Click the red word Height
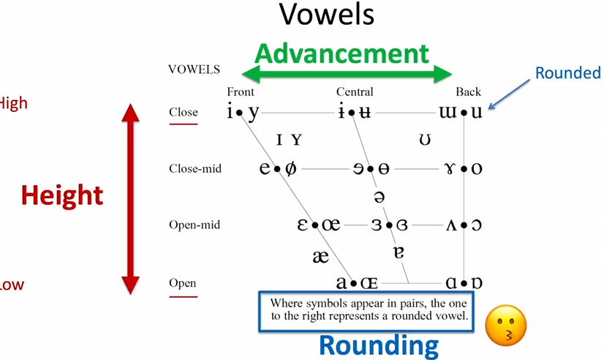pos(61,195)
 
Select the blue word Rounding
pos(379,345)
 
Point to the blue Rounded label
pos(568,73)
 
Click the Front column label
pos(241,91)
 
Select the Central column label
pos(355,91)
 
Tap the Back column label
pos(468,91)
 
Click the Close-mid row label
pos(195,169)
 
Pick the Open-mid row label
pos(195,225)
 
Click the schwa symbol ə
pos(379,197)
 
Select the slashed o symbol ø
pos(291,169)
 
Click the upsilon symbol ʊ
pos(425,140)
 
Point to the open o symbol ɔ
pos(476,225)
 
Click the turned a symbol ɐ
pos(398,254)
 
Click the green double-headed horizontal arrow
pos(347,72)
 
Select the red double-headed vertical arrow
pos(130,198)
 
